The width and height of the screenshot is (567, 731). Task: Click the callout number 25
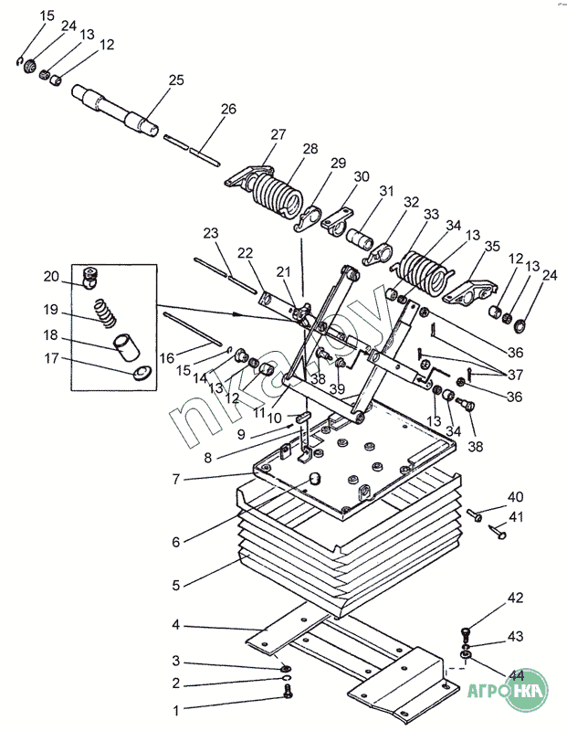(176, 80)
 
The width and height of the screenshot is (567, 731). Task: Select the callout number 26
(228, 109)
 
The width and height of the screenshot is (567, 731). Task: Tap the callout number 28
(310, 148)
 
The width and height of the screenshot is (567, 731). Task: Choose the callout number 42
(516, 598)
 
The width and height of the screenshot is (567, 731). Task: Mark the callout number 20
(52, 276)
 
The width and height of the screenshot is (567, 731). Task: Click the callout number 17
(52, 359)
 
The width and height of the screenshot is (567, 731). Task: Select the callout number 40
(516, 497)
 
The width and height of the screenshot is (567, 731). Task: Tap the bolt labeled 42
(468, 632)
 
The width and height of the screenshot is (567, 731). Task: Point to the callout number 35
(492, 246)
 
